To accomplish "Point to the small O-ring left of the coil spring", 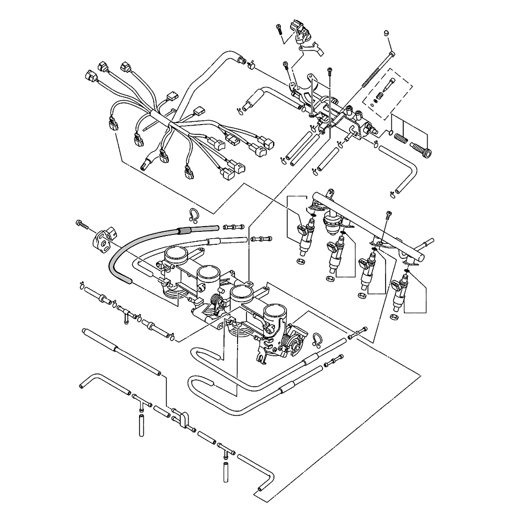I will pyautogui.click(x=389, y=133).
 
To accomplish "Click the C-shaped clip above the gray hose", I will pyautogui.click(x=193, y=215).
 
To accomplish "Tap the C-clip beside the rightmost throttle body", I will pyautogui.click(x=316, y=339).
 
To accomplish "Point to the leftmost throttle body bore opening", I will pyautogui.click(x=176, y=255).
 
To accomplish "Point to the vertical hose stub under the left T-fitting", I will pyautogui.click(x=140, y=421).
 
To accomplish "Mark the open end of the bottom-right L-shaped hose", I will pyautogui.click(x=258, y=489).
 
